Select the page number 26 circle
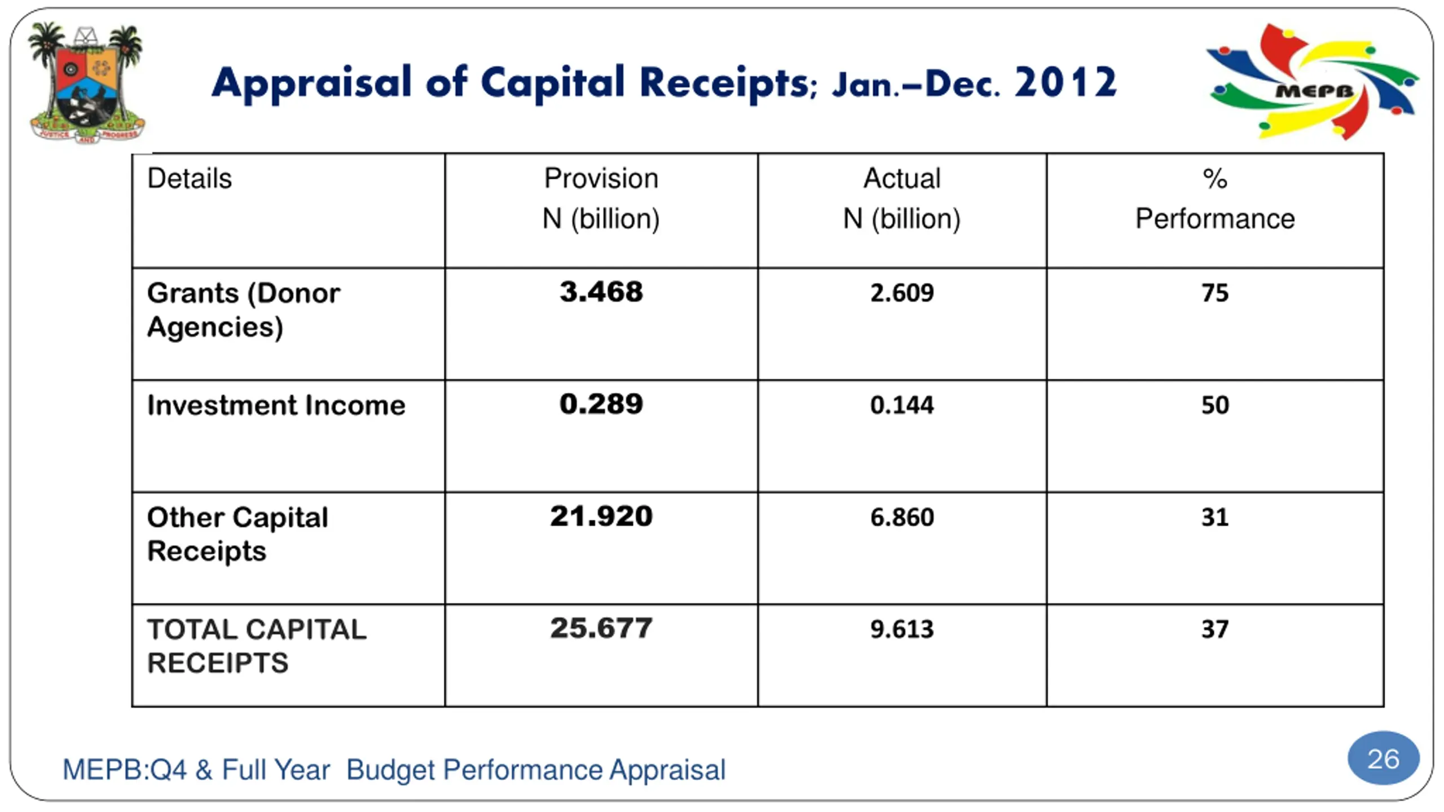(1383, 759)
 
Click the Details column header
(190, 179)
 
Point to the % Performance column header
(1214, 198)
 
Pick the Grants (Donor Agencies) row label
(243, 310)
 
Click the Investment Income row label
(276, 405)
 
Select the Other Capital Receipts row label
(237, 533)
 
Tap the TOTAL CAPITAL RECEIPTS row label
(256, 646)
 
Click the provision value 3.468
(601, 292)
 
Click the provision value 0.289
(601, 404)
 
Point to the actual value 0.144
(901, 405)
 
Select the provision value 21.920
(601, 516)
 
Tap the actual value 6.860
(901, 517)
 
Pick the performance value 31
(1214, 517)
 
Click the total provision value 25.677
(601, 628)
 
